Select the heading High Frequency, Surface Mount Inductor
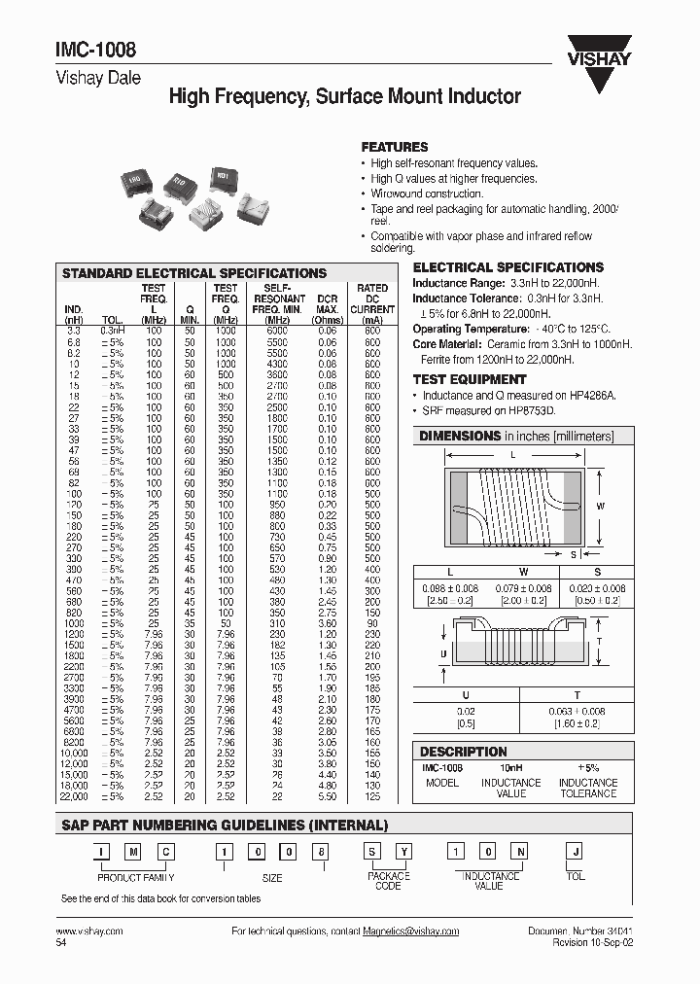pyautogui.click(x=345, y=96)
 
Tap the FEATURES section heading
pyautogui.click(x=395, y=147)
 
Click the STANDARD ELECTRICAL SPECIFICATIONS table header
pyautogui.click(x=194, y=273)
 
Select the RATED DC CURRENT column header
pyautogui.click(x=372, y=304)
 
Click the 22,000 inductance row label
pyautogui.click(x=74, y=796)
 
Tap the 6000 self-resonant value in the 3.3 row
pyautogui.click(x=278, y=332)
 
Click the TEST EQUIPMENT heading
pyautogui.click(x=470, y=379)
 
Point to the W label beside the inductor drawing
pyautogui.click(x=600, y=507)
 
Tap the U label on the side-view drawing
pyautogui.click(x=442, y=653)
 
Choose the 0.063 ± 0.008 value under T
pyautogui.click(x=577, y=711)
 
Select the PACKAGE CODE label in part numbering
pyautogui.click(x=387, y=881)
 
